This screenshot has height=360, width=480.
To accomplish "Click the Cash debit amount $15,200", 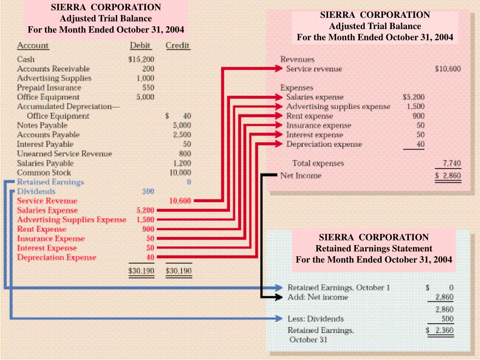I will pyautogui.click(x=141, y=60).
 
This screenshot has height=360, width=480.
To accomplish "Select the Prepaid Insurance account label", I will pyautogui.click(x=49, y=88).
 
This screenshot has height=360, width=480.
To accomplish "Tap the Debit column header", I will pyautogui.click(x=141, y=45).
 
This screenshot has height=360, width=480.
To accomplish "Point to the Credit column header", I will pyautogui.click(x=178, y=45).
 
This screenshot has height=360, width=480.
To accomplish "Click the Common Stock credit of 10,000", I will pyautogui.click(x=180, y=172).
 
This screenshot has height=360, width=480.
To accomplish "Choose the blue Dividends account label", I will pyautogui.click(x=36, y=191).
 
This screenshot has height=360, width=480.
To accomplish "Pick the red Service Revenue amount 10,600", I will pyautogui.click(x=180, y=201).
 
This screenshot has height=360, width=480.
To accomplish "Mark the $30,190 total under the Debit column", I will pyautogui.click(x=141, y=271).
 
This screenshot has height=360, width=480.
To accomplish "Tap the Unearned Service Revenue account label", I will pyautogui.click(x=64, y=154).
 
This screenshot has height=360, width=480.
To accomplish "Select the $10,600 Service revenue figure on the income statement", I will pyautogui.click(x=448, y=69).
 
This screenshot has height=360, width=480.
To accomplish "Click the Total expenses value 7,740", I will pyautogui.click(x=452, y=163).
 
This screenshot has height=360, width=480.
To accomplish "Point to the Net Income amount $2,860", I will pyautogui.click(x=449, y=176).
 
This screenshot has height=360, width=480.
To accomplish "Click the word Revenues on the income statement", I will pyautogui.click(x=297, y=60).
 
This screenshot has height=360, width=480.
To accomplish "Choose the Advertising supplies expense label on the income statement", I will pyautogui.click(x=338, y=106).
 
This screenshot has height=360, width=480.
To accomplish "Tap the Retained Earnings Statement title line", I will pyautogui.click(x=374, y=248).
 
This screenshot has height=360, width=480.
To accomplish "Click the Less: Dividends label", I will pyautogui.click(x=315, y=319).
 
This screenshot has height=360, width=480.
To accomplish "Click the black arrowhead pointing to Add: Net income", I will pyautogui.click(x=280, y=297).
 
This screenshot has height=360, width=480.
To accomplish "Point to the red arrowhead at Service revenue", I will pyautogui.click(x=279, y=69).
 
